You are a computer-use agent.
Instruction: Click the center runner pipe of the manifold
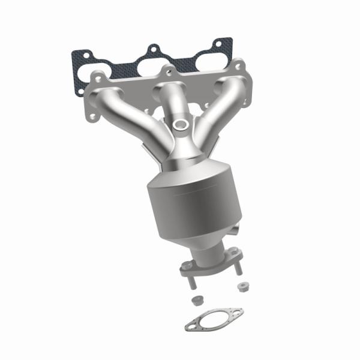(166, 102)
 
